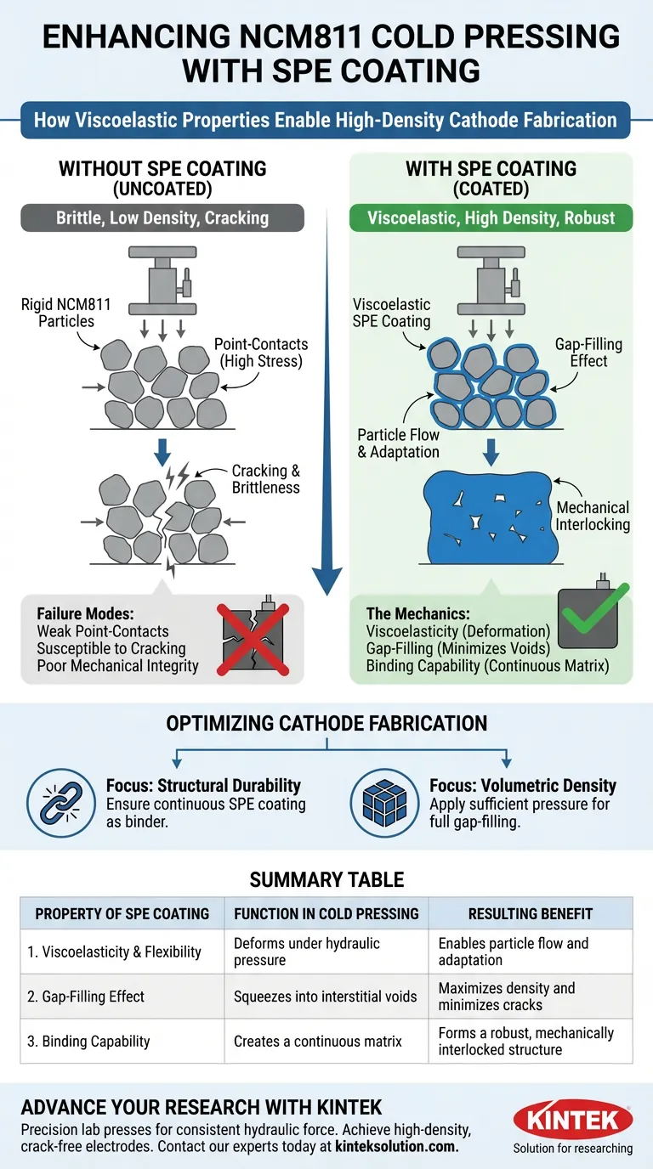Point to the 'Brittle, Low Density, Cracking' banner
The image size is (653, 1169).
(x=162, y=217)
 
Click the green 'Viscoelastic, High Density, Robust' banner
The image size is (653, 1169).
(x=491, y=217)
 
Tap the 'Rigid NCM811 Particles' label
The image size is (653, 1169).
(x=58, y=313)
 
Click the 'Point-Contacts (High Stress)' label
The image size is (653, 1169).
(x=261, y=353)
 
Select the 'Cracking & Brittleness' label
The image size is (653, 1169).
(x=265, y=479)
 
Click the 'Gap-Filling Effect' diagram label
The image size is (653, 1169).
(x=588, y=353)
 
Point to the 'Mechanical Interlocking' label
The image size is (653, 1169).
(x=593, y=516)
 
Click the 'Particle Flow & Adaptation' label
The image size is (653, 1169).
(x=398, y=443)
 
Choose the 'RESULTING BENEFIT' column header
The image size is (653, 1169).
(x=530, y=914)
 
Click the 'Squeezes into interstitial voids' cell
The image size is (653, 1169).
(x=325, y=997)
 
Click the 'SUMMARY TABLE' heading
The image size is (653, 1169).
(x=326, y=879)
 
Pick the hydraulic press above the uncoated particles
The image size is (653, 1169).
(x=162, y=276)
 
